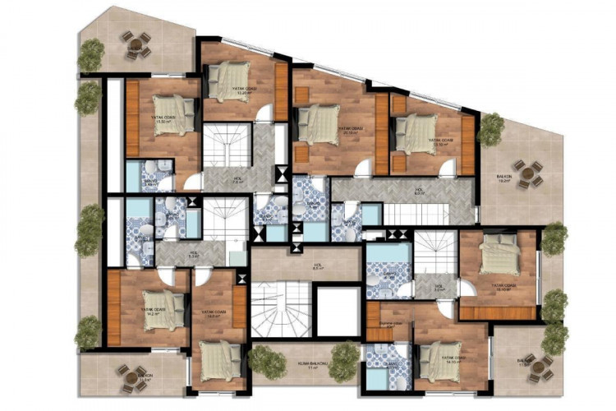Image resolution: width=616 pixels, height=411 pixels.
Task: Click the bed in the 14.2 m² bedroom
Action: coord(163,311)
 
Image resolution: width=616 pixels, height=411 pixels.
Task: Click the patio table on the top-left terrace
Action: coord(136,44)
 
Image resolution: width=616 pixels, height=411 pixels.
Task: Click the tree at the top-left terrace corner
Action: coord(91,54)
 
